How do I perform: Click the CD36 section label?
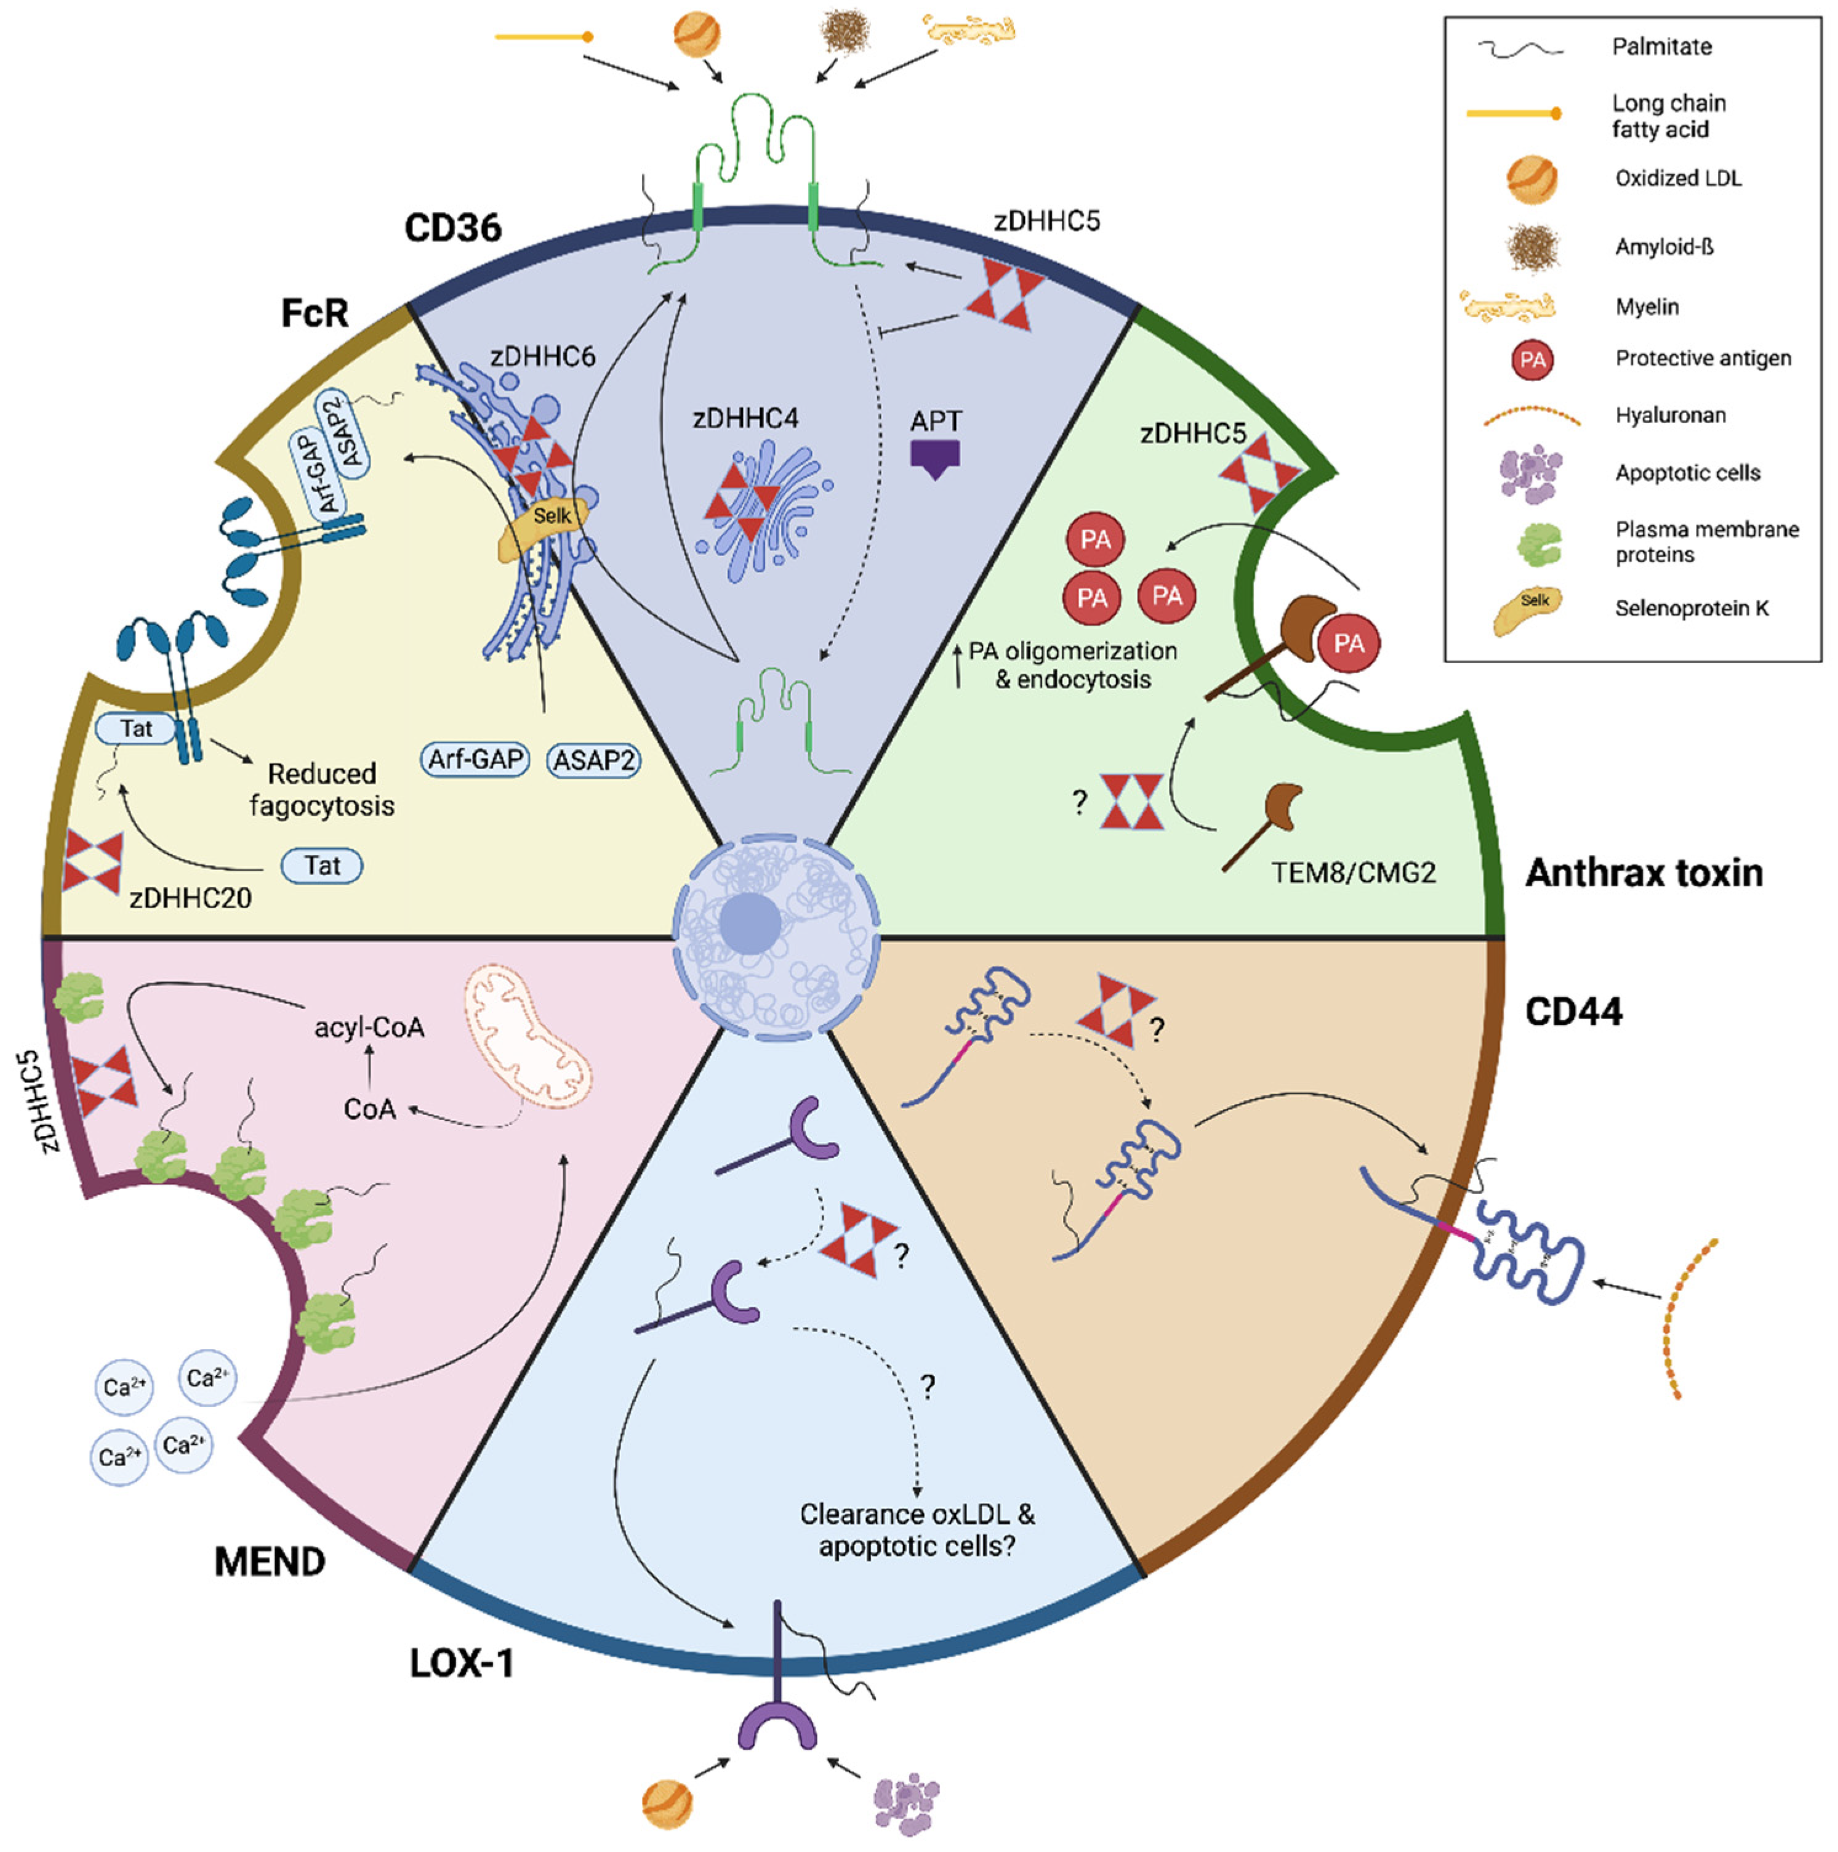pos(452,228)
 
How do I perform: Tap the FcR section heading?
pos(315,313)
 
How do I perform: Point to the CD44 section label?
pos(1573,1012)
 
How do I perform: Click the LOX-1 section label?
pos(462,1663)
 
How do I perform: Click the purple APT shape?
pos(934,458)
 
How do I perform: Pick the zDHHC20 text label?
pos(191,898)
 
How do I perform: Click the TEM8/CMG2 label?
pos(1352,873)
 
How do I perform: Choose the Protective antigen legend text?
pos(1702,358)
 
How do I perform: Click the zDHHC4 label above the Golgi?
pos(745,419)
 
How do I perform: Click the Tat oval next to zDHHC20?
pos(322,866)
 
